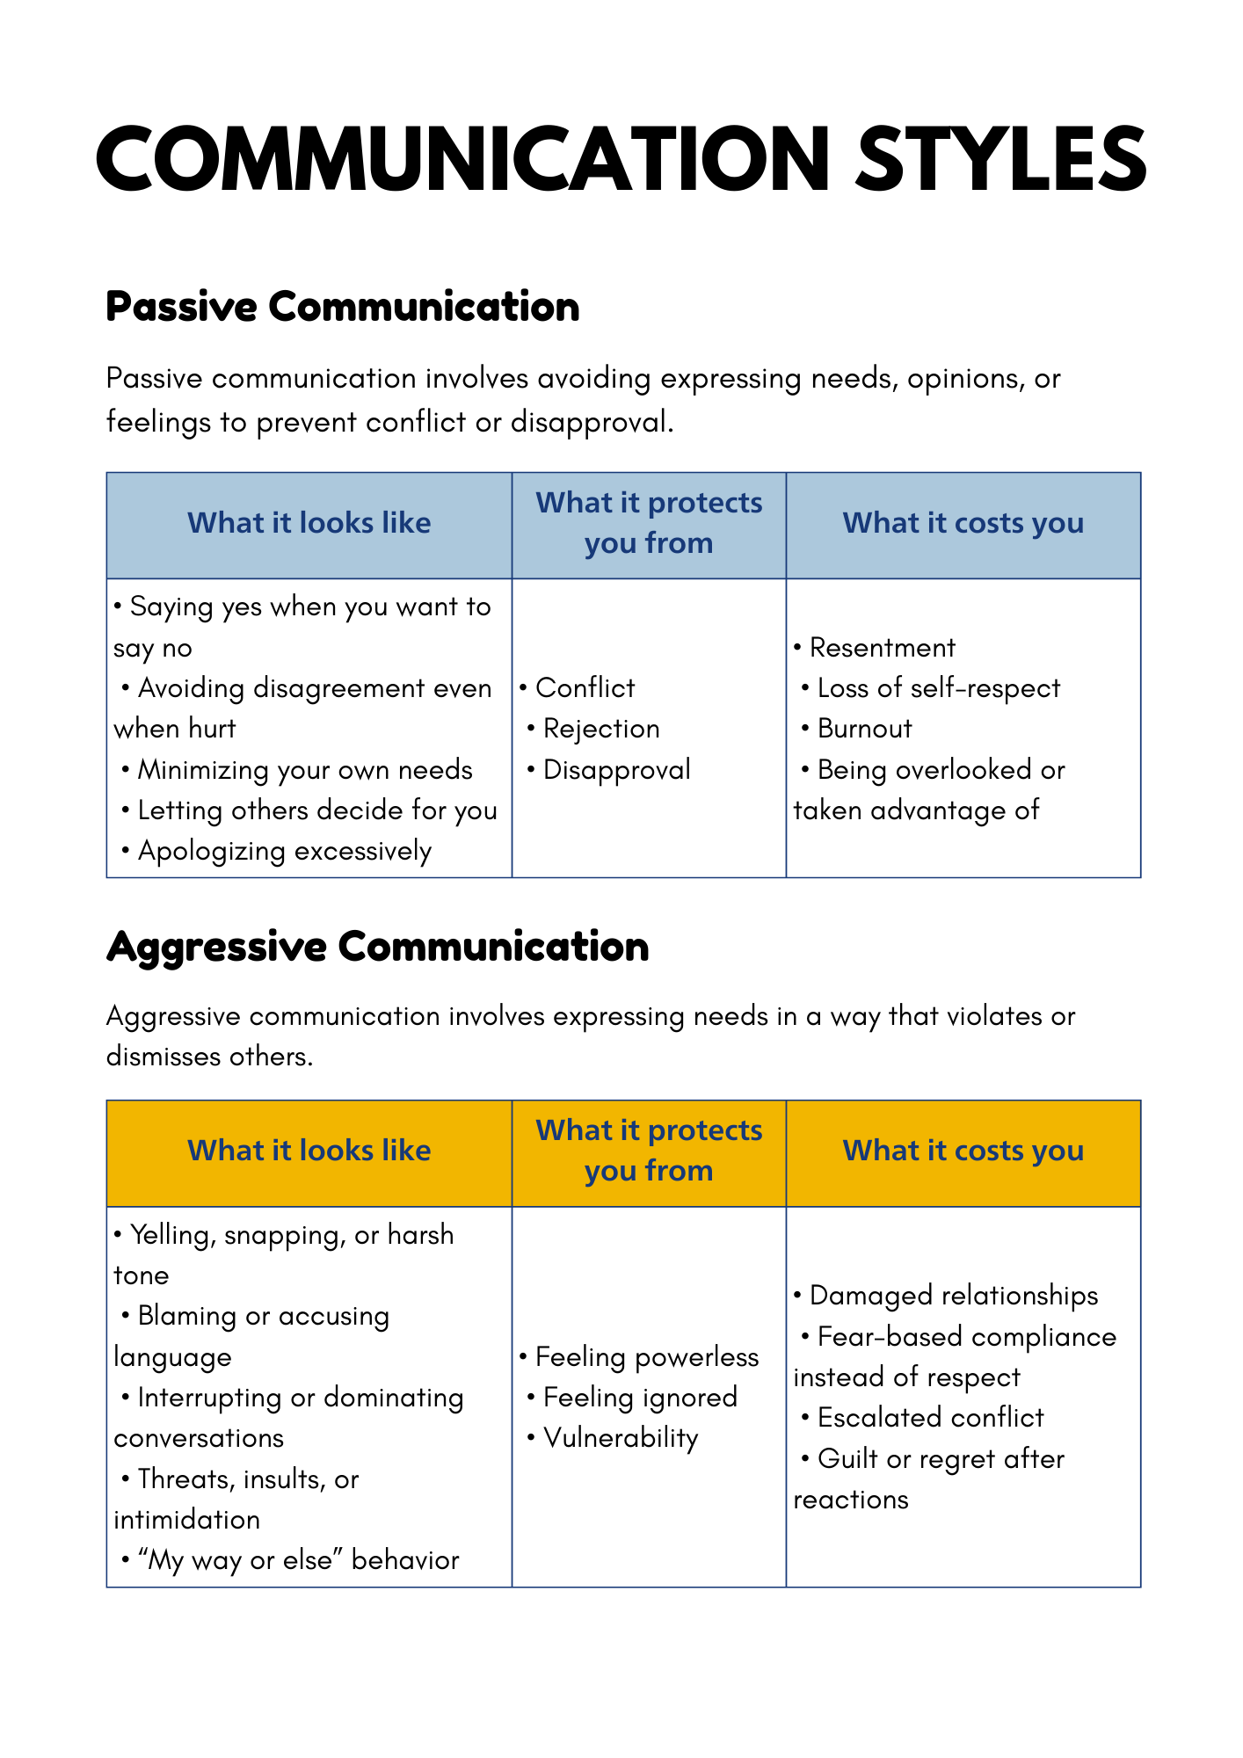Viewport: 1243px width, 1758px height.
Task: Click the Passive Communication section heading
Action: tap(342, 307)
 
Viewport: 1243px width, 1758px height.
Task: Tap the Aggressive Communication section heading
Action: tap(377, 947)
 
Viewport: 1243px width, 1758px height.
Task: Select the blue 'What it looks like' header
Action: tap(309, 523)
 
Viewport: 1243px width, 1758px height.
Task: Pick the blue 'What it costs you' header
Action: tap(963, 523)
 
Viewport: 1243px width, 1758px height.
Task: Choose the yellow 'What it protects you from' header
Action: tap(649, 1151)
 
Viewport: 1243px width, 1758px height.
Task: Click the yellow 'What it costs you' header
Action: tap(963, 1151)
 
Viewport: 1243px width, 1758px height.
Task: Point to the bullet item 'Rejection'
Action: tap(601, 729)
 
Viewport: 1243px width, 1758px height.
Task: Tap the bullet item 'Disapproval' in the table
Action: tap(616, 770)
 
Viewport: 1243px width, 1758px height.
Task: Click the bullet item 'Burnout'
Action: tap(864, 729)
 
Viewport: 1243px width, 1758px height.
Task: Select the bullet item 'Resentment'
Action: tap(882, 648)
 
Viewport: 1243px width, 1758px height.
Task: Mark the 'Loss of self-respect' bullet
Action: tap(938, 688)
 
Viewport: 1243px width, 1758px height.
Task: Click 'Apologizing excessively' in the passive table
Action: tap(284, 851)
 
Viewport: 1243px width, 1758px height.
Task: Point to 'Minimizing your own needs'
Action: tap(304, 770)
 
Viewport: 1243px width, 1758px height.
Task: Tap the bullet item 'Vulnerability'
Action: tap(621, 1438)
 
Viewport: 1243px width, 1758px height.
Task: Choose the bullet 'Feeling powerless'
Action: tap(646, 1357)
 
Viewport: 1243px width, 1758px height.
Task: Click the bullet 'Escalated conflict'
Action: tap(930, 1418)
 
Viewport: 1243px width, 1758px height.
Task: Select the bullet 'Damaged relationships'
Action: tap(953, 1296)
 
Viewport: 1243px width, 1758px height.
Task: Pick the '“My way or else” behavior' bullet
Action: tap(298, 1560)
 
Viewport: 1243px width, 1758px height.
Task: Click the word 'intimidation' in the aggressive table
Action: tap(186, 1520)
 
